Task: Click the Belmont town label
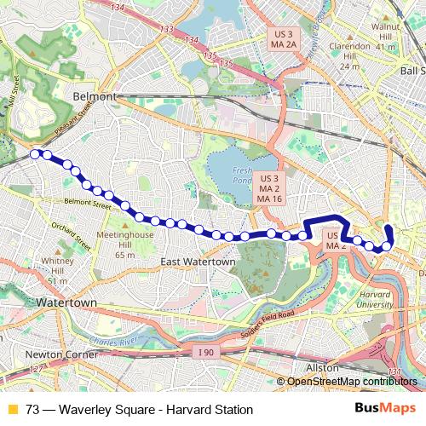(x=95, y=96)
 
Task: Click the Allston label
(x=322, y=367)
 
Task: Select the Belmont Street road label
(x=89, y=204)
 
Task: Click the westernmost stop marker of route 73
(x=36, y=153)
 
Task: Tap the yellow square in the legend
(x=11, y=408)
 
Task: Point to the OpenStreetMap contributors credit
(x=353, y=381)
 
